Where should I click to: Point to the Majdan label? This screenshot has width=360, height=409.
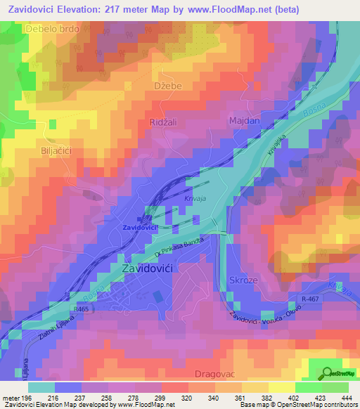tap(245, 122)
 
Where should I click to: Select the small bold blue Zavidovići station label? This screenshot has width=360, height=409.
tap(139, 228)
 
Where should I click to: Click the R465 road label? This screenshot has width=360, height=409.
tap(81, 308)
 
